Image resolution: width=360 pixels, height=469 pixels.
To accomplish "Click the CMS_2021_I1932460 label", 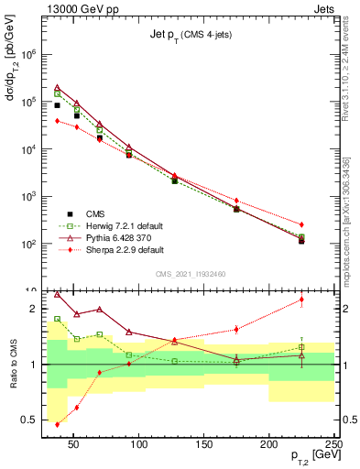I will [191, 274].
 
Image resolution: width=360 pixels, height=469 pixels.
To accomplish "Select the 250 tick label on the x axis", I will [333, 445].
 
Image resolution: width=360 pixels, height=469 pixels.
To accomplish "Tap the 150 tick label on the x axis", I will [204, 445].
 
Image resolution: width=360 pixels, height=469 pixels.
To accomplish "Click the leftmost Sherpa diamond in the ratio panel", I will [58, 424].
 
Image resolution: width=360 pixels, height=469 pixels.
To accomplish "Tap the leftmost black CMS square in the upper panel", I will [58, 105].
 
